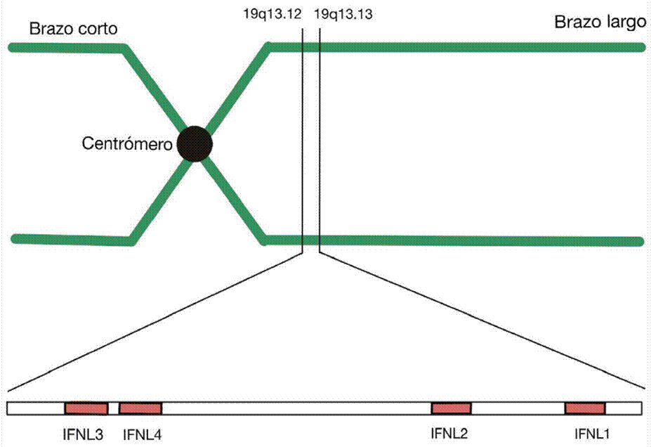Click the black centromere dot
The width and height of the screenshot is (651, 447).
(x=195, y=144)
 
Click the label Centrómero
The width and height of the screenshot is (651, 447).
(x=128, y=145)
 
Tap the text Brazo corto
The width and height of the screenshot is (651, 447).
(x=73, y=30)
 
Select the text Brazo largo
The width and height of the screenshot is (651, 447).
(x=600, y=22)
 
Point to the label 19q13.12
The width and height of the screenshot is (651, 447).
(x=271, y=13)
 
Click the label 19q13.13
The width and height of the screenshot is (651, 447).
(x=343, y=13)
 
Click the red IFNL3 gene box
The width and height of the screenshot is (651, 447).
(x=86, y=408)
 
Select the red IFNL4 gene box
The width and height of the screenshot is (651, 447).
(x=140, y=408)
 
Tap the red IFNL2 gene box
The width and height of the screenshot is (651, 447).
(x=451, y=408)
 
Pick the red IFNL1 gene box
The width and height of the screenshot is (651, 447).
(x=585, y=408)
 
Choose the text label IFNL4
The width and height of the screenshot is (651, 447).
(x=142, y=434)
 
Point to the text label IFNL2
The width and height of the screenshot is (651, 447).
(x=449, y=434)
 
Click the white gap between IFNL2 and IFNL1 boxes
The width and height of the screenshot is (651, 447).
(x=518, y=408)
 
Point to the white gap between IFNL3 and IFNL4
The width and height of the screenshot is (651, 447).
(x=114, y=408)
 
